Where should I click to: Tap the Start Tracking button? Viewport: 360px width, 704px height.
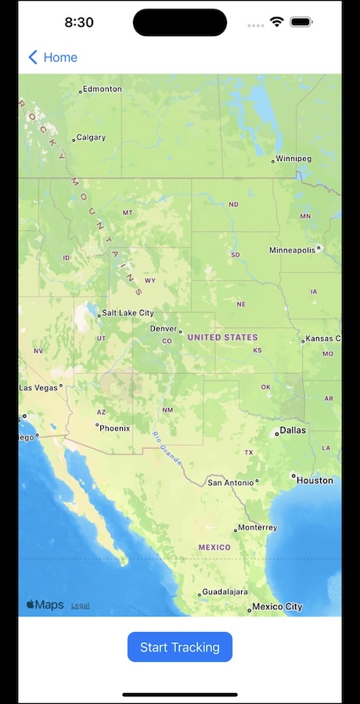pyautogui.click(x=180, y=647)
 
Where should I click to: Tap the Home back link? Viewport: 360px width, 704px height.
pyautogui.click(x=53, y=57)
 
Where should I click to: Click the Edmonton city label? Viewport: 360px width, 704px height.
pyautogui.click(x=102, y=89)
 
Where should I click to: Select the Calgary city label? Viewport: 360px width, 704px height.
pyautogui.click(x=91, y=138)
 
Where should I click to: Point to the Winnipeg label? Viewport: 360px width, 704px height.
pyautogui.click(x=293, y=159)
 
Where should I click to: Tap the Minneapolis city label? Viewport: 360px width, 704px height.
pyautogui.click(x=293, y=250)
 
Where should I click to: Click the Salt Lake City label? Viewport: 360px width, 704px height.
pyautogui.click(x=128, y=313)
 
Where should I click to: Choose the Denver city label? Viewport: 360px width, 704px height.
pyautogui.click(x=164, y=329)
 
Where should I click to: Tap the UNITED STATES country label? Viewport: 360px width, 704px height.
pyautogui.click(x=222, y=337)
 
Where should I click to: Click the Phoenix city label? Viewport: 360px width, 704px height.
pyautogui.click(x=114, y=428)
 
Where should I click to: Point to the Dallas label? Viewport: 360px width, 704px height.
pyautogui.click(x=293, y=430)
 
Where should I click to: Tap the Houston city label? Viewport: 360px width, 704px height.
pyautogui.click(x=315, y=480)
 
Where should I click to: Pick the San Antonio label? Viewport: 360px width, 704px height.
pyautogui.click(x=230, y=483)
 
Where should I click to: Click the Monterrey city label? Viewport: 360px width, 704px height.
pyautogui.click(x=257, y=528)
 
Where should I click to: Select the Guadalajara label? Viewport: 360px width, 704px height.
pyautogui.click(x=225, y=592)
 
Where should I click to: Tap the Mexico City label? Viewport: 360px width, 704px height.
pyautogui.click(x=277, y=607)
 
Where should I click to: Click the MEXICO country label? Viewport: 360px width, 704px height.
pyautogui.click(x=214, y=548)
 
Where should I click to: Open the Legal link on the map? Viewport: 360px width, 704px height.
pyautogui.click(x=80, y=605)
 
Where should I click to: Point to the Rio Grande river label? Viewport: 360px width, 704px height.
pyautogui.click(x=167, y=446)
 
